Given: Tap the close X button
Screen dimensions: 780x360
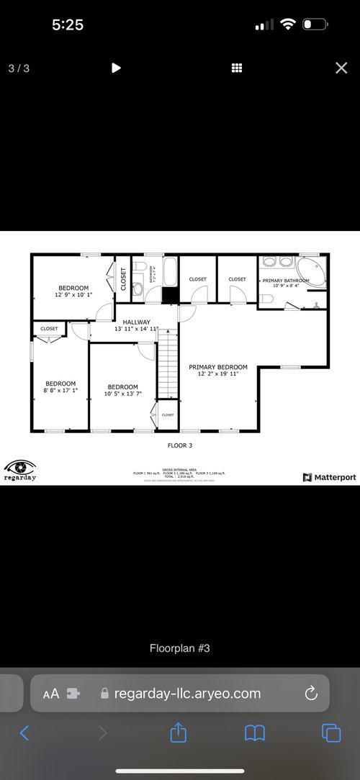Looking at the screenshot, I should point(341,68).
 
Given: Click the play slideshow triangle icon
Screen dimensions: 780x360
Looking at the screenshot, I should point(116,68).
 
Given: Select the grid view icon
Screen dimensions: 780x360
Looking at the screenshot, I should point(235,68).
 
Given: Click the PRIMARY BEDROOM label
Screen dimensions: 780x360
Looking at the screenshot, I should point(218,367).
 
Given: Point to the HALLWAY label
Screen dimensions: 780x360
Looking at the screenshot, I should point(136,322).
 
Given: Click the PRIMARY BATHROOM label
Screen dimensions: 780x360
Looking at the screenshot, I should point(286,279).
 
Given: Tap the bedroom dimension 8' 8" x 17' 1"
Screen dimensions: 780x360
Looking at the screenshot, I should point(60,391).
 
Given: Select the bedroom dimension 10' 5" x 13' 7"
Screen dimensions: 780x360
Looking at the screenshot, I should point(122,394).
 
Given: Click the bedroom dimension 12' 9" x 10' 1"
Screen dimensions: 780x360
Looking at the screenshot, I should point(73,295).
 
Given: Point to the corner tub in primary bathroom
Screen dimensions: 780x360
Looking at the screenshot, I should point(315,272).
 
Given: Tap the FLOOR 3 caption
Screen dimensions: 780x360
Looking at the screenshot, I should point(180,445).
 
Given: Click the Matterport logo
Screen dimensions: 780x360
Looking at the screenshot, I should point(329,477).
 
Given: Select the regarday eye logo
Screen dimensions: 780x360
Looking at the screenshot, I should point(19,466).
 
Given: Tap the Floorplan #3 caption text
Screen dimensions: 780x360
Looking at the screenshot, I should point(180,648).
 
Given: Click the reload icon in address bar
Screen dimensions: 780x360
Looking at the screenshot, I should point(311,694).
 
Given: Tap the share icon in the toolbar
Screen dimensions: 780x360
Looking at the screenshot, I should point(178,733).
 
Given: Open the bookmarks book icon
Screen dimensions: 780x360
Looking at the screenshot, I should point(254,733).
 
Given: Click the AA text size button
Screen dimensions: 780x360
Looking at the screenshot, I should point(51,694).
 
